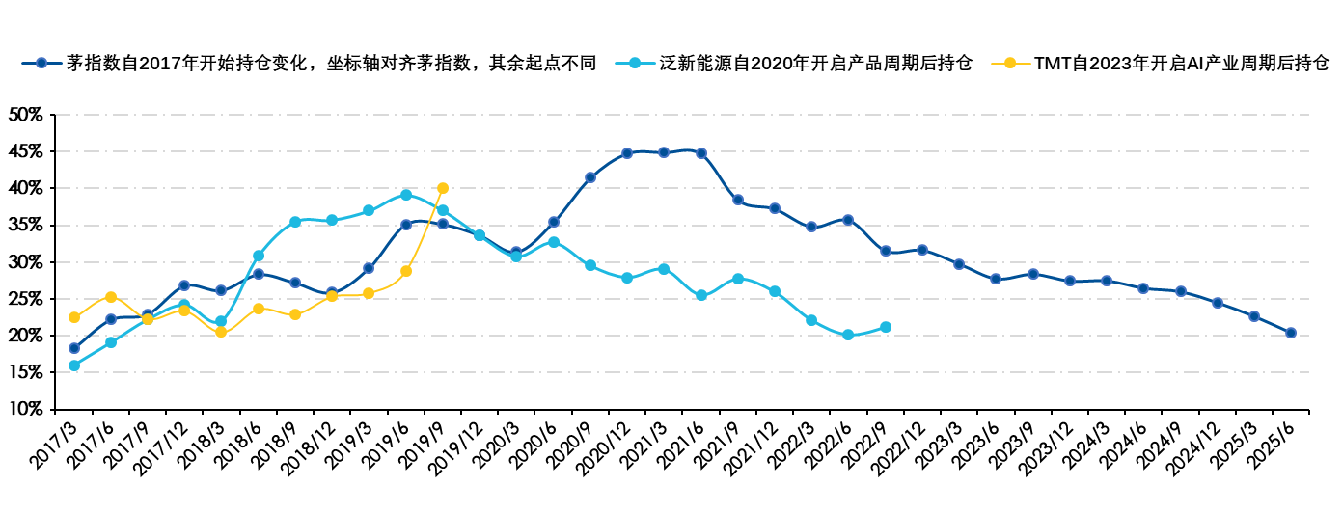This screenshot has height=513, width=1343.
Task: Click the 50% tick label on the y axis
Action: pos(25,114)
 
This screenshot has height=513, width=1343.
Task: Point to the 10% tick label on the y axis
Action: pos(25,409)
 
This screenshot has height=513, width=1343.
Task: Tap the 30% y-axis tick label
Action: pos(25,261)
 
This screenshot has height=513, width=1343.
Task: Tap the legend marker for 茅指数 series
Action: pos(41,64)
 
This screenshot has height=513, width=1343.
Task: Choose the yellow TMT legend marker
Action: pos(1009,64)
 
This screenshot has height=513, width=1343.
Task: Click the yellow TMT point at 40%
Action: pos(443,188)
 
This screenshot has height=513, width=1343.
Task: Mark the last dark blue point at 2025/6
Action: pos(1291,333)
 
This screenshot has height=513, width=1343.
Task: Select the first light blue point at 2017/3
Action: pos(74,365)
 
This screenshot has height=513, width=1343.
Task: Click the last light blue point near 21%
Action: pos(886,328)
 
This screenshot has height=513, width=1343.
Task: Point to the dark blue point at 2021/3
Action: pos(664,152)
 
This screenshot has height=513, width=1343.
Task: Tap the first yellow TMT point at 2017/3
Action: pos(74,317)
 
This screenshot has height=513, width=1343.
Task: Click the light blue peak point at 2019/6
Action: pos(406,195)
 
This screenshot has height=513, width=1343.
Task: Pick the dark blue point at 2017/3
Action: pos(74,348)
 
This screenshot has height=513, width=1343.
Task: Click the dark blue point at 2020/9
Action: pos(590,177)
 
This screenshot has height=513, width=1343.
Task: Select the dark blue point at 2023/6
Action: pos(996,279)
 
